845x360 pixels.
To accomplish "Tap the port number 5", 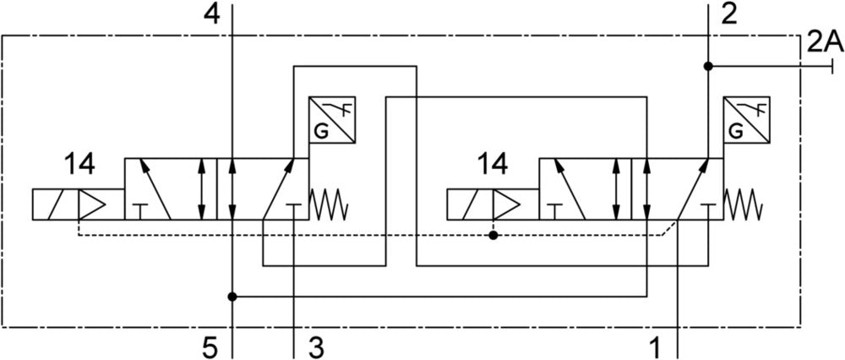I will point(210,346).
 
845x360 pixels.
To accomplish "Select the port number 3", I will point(314,346).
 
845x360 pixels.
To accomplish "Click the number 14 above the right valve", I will point(493,163).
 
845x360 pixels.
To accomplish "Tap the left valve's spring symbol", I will point(328,204).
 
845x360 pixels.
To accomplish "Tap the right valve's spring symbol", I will point(743,204).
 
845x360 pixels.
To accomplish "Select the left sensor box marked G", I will point(331,119).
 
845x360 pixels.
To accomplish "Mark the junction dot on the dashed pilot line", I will point(493,235).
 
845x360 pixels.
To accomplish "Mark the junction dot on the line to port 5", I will point(232,297).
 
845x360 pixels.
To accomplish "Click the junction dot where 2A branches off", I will point(707,66).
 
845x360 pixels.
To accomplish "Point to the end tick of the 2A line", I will point(834,66).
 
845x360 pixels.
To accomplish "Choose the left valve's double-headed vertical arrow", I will point(201,188).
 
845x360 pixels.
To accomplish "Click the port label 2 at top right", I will point(729,13).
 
